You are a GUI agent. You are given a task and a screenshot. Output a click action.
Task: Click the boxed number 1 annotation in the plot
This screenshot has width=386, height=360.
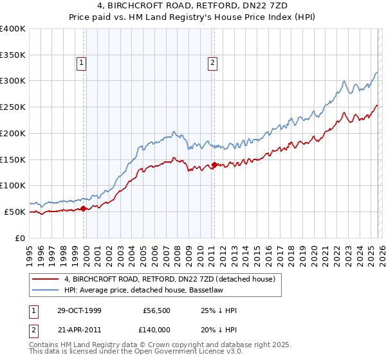click(82, 62)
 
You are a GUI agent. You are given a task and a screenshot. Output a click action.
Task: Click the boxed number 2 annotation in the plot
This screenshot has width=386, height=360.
click(212, 62)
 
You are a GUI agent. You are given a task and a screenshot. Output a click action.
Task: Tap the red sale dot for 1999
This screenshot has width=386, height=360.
click(84, 208)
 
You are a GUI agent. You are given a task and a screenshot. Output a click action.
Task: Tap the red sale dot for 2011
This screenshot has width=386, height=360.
click(214, 165)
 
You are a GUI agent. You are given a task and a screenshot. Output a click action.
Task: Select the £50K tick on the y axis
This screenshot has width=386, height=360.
click(15, 212)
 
